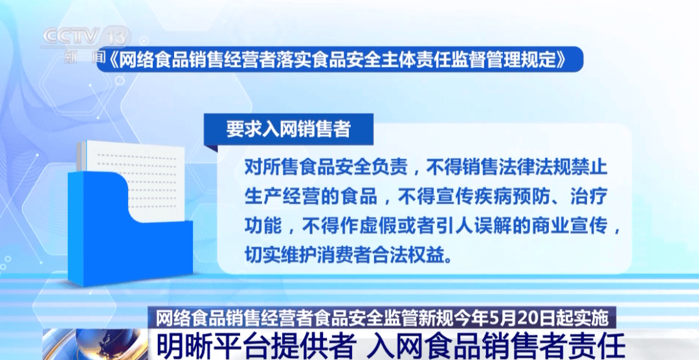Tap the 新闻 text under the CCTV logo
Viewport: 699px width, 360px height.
(x=85, y=56)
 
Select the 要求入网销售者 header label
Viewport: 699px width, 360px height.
(x=289, y=129)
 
